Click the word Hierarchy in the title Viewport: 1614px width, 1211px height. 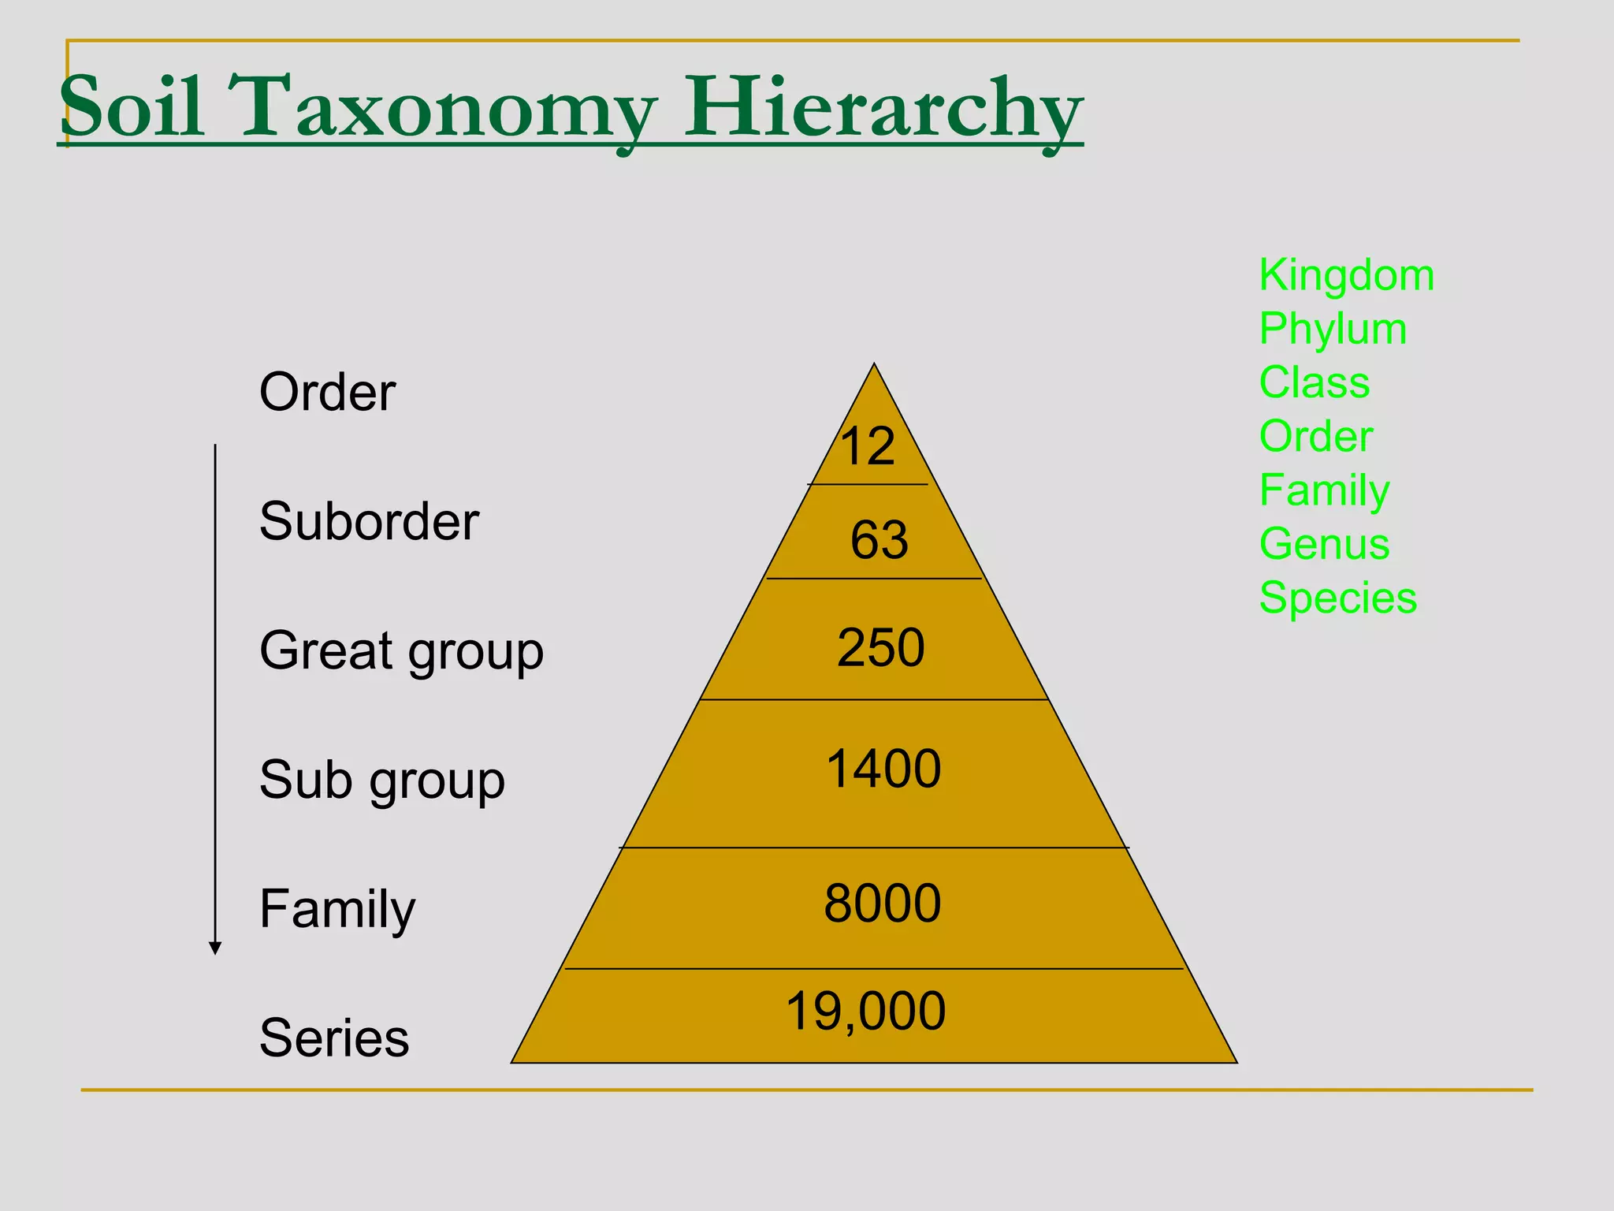[x=883, y=108]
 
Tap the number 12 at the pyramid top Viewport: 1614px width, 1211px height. [x=867, y=446]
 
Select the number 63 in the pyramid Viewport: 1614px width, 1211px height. [x=879, y=541]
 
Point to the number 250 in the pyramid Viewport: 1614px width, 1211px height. [x=880, y=648]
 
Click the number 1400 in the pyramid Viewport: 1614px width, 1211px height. [x=883, y=769]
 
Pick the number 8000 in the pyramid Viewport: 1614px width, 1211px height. [x=882, y=904]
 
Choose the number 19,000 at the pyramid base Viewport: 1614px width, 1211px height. [x=865, y=1012]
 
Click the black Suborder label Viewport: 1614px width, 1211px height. [x=369, y=522]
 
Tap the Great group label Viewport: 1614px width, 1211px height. [x=401, y=652]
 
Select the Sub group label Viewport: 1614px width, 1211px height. [x=381, y=781]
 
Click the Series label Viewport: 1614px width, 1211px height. [x=334, y=1038]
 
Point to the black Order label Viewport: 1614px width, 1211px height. [x=327, y=392]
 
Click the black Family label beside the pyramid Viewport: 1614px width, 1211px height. [x=337, y=910]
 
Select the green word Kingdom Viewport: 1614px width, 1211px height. [x=1346, y=275]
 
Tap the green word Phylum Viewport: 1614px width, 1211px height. [x=1333, y=330]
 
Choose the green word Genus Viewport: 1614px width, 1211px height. [x=1324, y=544]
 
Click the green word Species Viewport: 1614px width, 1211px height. [x=1337, y=598]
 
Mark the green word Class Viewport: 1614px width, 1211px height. [x=1314, y=383]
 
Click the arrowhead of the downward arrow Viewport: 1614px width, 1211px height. [x=215, y=948]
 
